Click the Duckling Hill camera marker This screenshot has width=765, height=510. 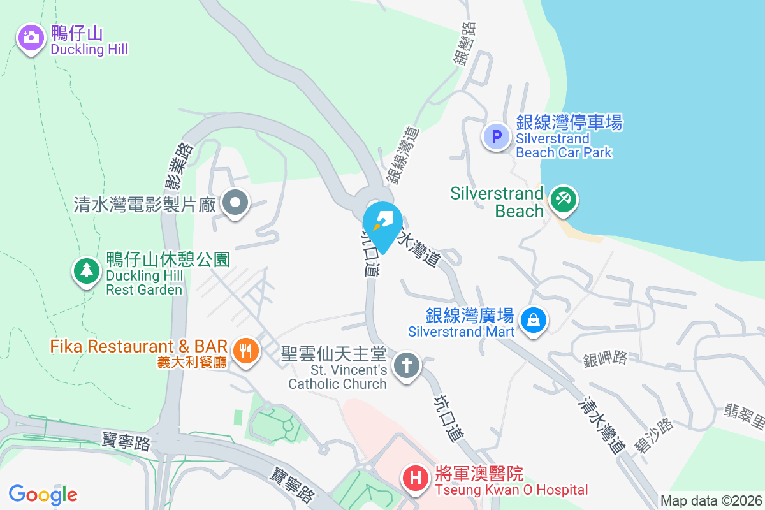pyautogui.click(x=30, y=38)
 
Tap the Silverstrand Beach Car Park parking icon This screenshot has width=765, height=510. pyautogui.click(x=496, y=135)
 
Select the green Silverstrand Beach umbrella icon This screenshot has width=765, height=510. pyautogui.click(x=563, y=199)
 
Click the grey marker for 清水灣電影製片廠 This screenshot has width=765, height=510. pyautogui.click(x=236, y=203)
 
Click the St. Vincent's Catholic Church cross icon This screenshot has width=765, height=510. pyautogui.click(x=405, y=366)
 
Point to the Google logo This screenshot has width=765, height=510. pyautogui.click(x=43, y=495)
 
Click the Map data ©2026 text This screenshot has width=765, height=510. pyautogui.click(x=710, y=500)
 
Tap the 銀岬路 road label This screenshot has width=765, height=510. pyautogui.click(x=605, y=358)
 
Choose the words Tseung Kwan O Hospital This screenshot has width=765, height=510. pyautogui.click(x=511, y=490)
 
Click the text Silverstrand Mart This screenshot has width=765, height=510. pyautogui.click(x=462, y=331)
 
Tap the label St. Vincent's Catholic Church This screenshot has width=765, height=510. pyautogui.click(x=338, y=377)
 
